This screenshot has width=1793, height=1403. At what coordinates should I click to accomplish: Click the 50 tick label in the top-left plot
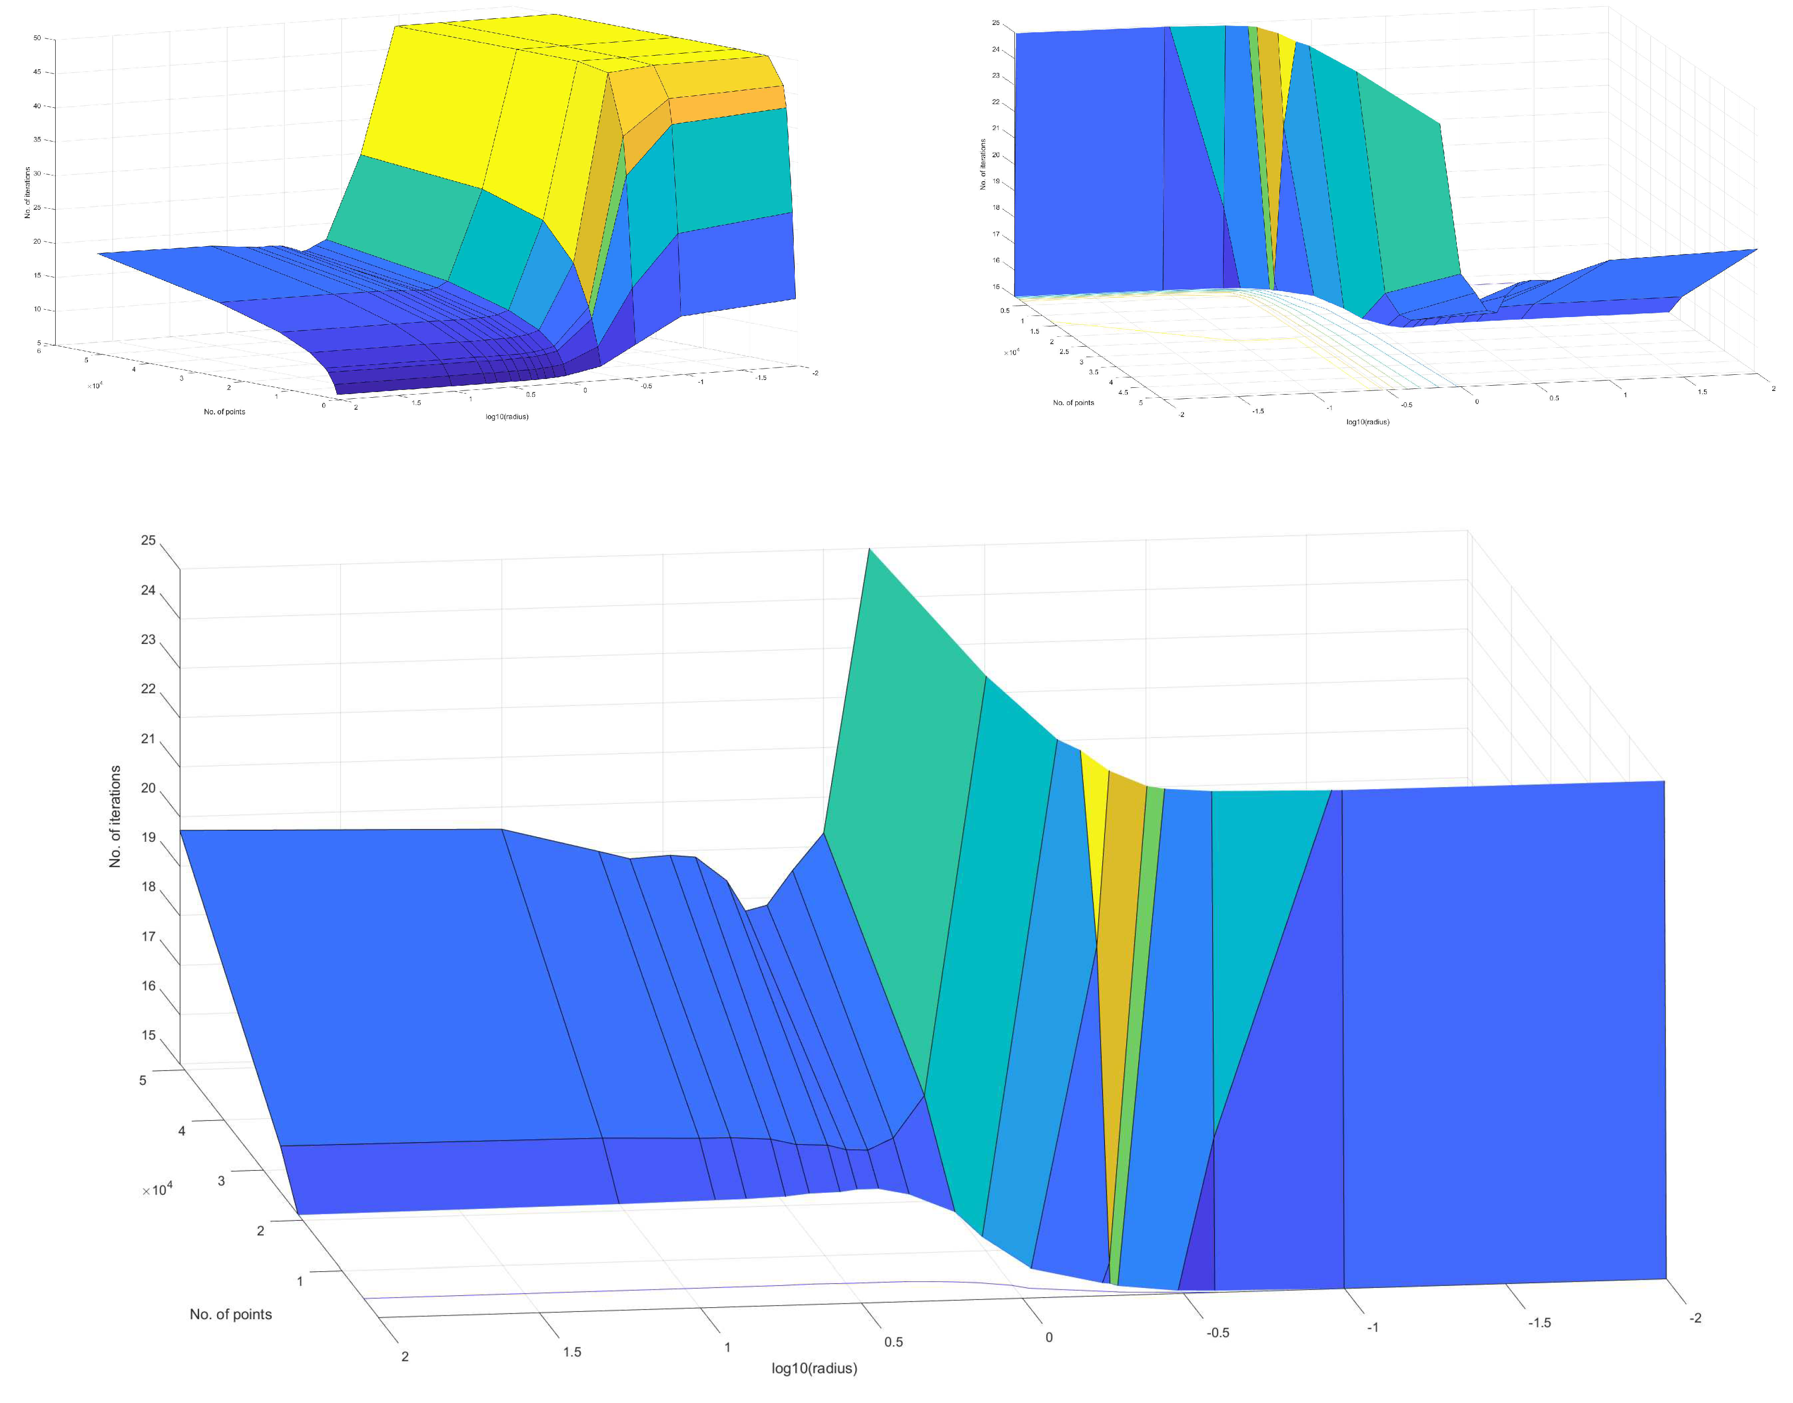pyautogui.click(x=37, y=38)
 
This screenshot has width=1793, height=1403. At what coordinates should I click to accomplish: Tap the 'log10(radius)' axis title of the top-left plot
pyautogui.click(x=507, y=416)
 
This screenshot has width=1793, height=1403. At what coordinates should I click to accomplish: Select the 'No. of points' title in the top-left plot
pyautogui.click(x=224, y=412)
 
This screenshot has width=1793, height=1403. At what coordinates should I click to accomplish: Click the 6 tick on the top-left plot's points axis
pyautogui.click(x=39, y=351)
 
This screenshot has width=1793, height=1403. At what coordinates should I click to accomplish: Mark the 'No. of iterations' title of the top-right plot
pyautogui.click(x=983, y=165)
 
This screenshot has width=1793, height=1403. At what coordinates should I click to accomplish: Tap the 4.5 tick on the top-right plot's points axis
pyautogui.click(x=1123, y=392)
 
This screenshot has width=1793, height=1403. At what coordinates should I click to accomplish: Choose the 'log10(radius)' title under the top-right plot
pyautogui.click(x=1368, y=422)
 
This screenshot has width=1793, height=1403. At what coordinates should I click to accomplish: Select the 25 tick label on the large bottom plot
pyautogui.click(x=148, y=540)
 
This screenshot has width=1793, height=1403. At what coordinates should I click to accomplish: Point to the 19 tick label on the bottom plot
pyautogui.click(x=148, y=837)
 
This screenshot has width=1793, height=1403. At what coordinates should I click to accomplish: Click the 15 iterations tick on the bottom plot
pyautogui.click(x=148, y=1035)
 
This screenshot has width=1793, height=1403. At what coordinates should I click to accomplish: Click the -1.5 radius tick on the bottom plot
pyautogui.click(x=1539, y=1322)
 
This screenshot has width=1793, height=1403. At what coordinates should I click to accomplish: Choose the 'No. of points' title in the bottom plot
pyautogui.click(x=230, y=1314)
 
